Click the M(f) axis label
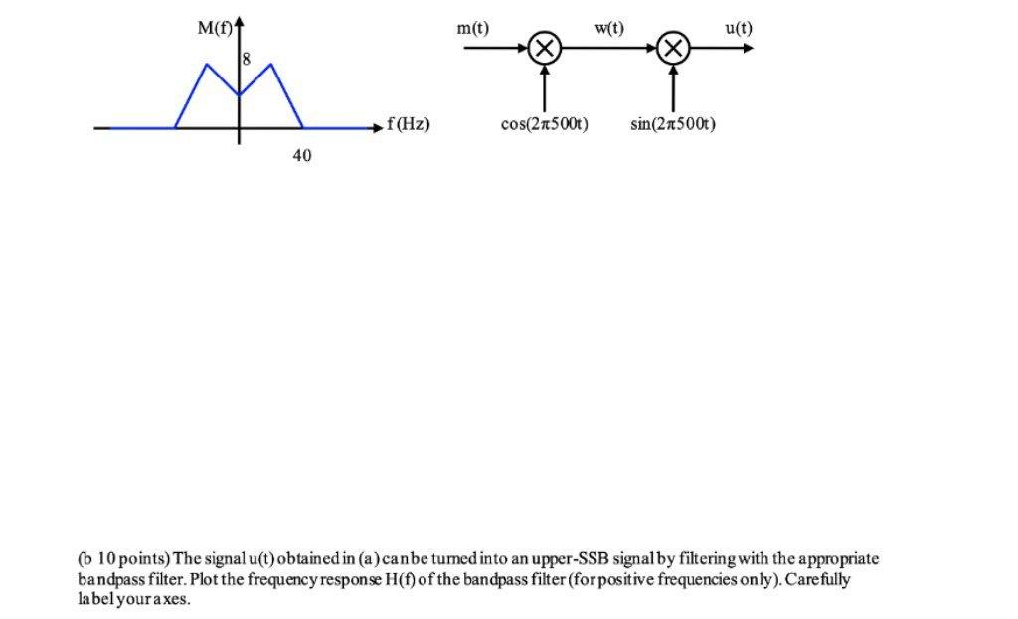click(x=215, y=28)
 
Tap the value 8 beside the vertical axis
click(x=248, y=61)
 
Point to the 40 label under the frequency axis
click(x=302, y=156)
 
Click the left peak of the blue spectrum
click(x=207, y=65)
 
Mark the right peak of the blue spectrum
click(x=270, y=65)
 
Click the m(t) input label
click(x=472, y=28)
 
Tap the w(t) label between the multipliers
click(x=609, y=28)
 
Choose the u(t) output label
click(x=739, y=28)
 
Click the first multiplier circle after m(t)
click(x=544, y=48)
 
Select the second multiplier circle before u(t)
click(x=674, y=48)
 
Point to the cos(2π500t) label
click(x=544, y=124)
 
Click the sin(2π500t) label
click(x=673, y=124)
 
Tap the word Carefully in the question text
click(x=817, y=579)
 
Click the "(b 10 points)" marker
click(x=123, y=559)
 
